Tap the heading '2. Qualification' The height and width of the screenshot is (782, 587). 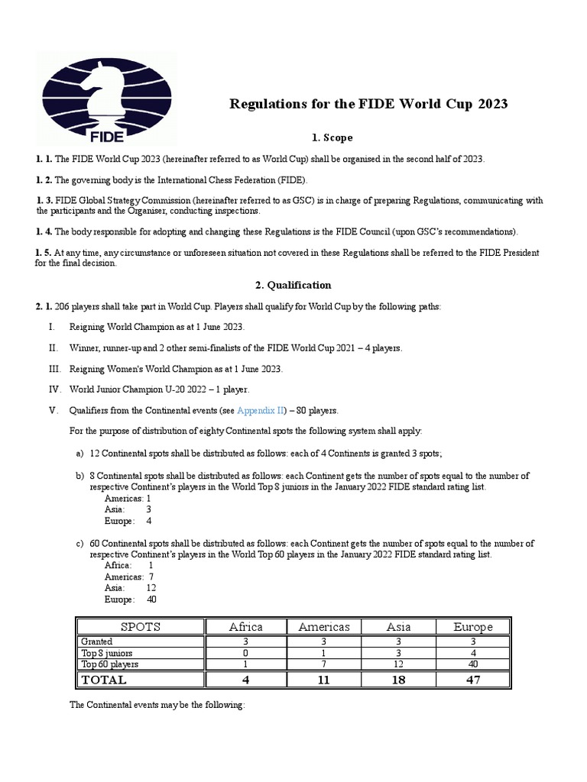[x=293, y=285]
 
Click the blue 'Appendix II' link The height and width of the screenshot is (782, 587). [x=262, y=410]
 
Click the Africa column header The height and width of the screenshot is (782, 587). [x=246, y=627]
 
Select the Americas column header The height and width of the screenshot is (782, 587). [x=324, y=627]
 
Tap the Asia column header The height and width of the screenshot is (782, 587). [x=398, y=627]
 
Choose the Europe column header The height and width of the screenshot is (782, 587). [x=473, y=627]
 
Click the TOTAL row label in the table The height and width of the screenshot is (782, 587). [x=105, y=679]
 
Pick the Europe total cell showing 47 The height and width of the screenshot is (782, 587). [x=473, y=679]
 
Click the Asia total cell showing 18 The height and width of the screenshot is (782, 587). [x=398, y=679]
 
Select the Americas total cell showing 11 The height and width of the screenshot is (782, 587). [x=324, y=679]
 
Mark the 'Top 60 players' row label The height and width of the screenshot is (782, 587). [x=111, y=664]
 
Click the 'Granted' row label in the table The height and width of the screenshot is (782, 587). [x=97, y=642]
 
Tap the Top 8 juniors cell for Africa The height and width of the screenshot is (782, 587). [x=246, y=654]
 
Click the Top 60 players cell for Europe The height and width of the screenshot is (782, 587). [x=473, y=664]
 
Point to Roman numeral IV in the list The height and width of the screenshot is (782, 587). [x=54, y=389]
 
